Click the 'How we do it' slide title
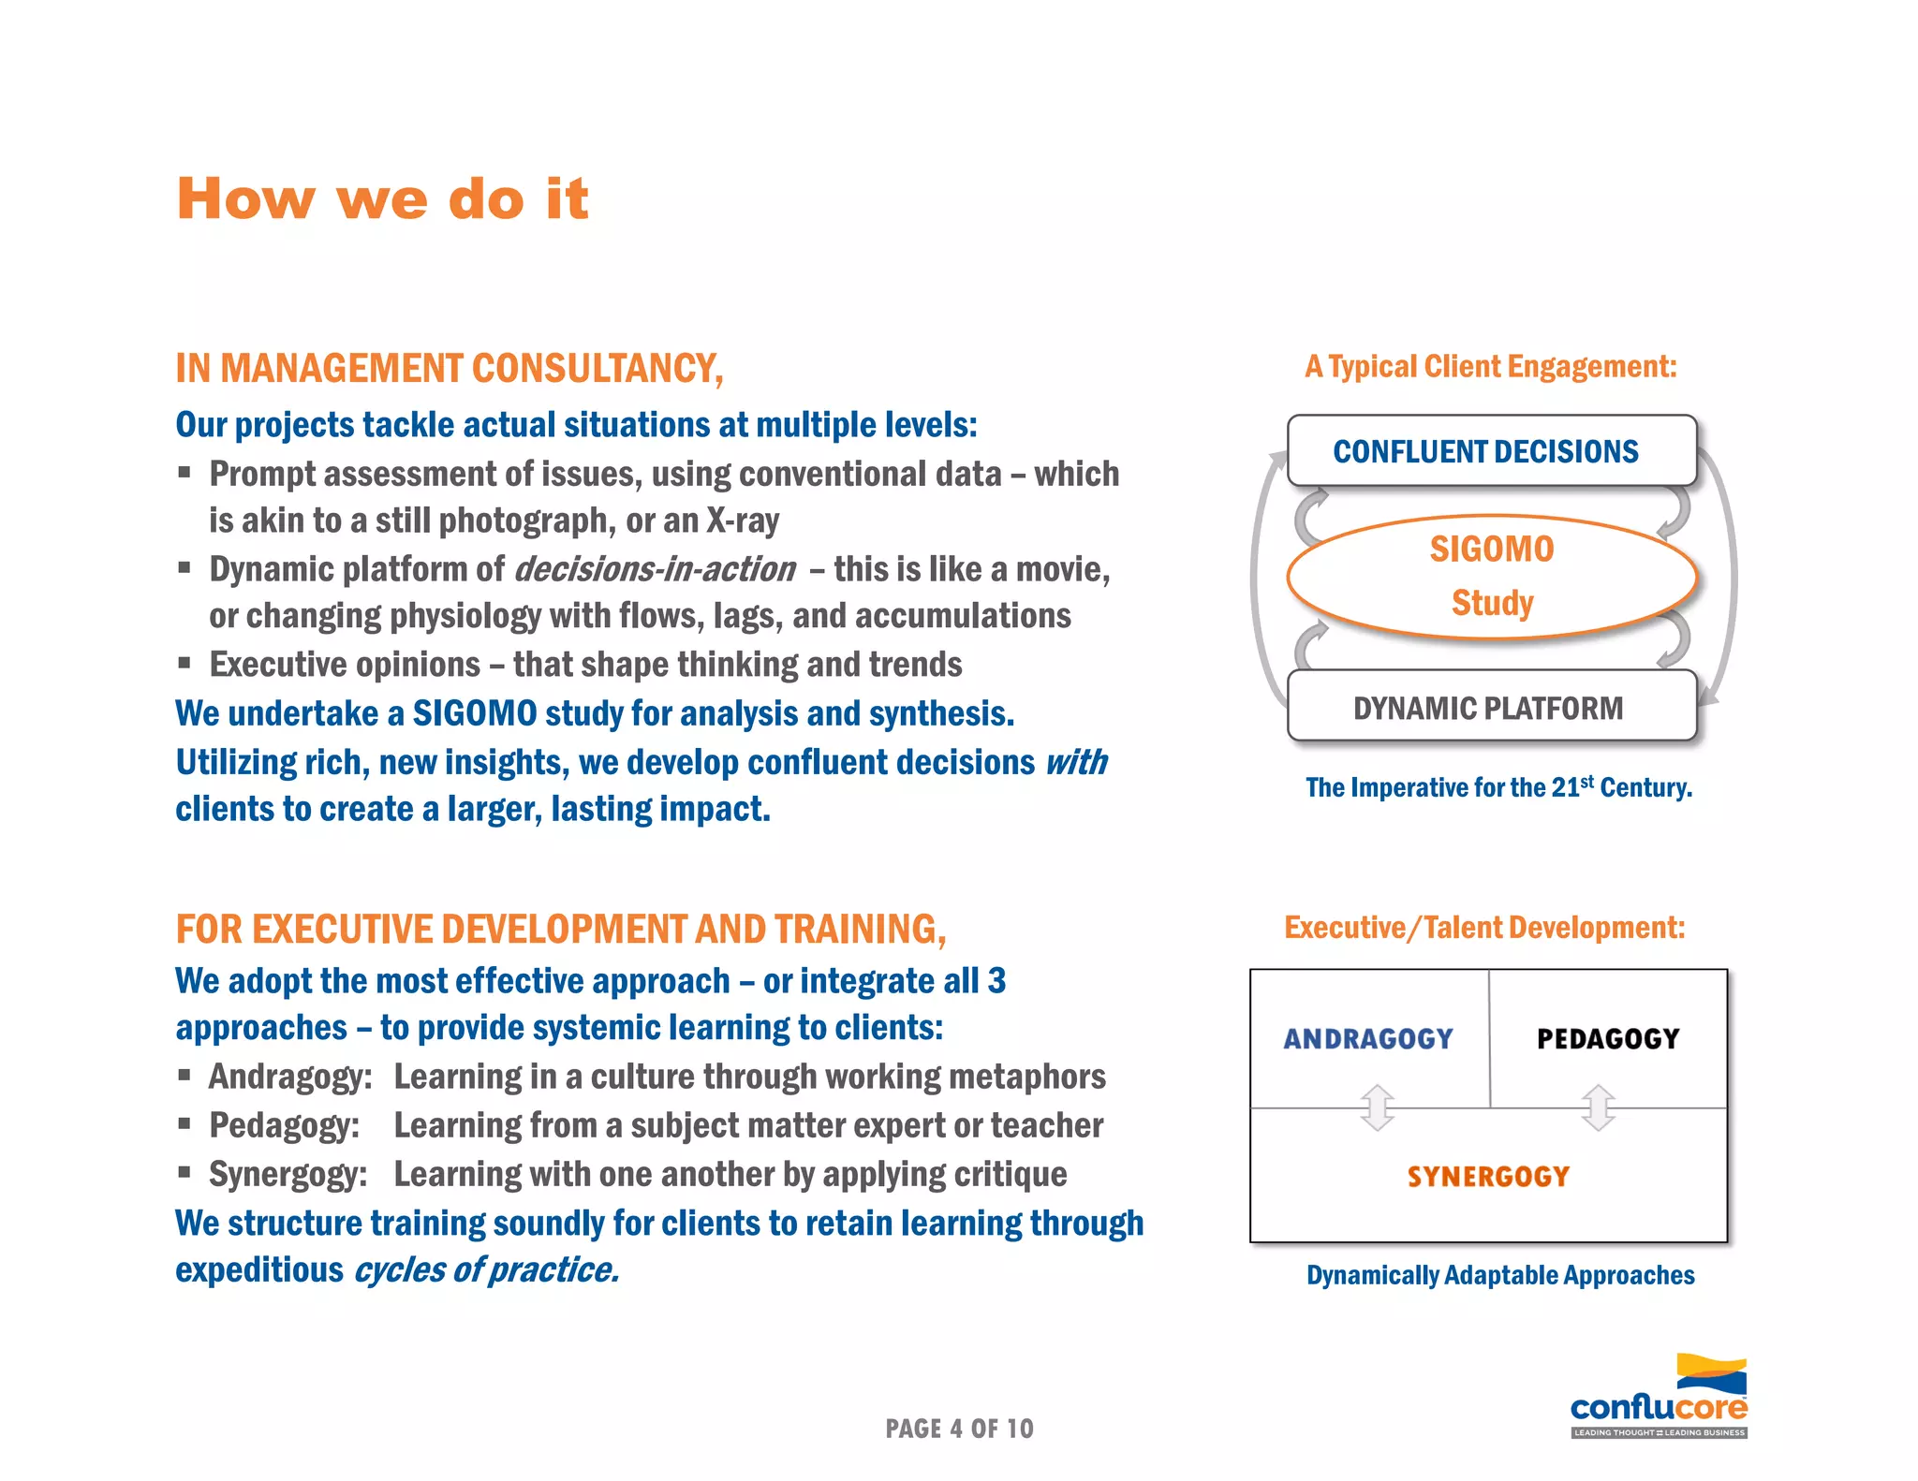[x=382, y=199]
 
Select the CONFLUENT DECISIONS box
[x=1491, y=451]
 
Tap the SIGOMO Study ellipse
[x=1491, y=576]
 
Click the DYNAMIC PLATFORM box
[x=1491, y=708]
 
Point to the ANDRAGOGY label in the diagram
[x=1367, y=1039]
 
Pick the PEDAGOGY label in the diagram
[x=1608, y=1039]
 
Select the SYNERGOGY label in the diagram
[x=1488, y=1177]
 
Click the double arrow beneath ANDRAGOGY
[x=1378, y=1107]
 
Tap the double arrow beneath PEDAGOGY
[x=1599, y=1107]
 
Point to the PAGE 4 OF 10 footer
[x=959, y=1429]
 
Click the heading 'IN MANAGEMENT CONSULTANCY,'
[x=450, y=369]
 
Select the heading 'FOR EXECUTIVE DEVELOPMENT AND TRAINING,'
[x=561, y=930]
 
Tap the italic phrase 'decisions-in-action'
[x=655, y=569]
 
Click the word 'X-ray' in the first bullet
[x=743, y=521]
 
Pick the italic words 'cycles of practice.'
[x=486, y=1270]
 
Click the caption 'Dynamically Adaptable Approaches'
[x=1500, y=1275]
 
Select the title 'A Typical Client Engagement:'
[x=1491, y=366]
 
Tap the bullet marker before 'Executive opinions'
[x=184, y=664]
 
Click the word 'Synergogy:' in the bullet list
[x=288, y=1174]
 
